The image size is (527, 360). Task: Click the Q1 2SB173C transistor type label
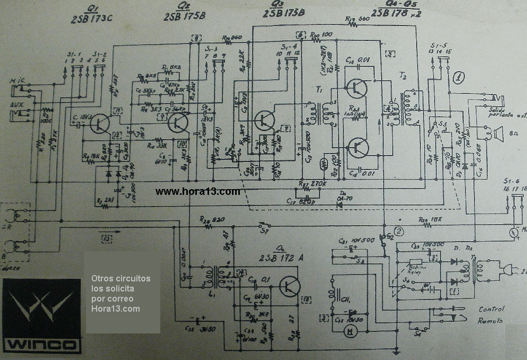click(92, 16)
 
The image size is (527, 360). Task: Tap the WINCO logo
click(42, 319)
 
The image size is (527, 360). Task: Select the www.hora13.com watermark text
click(197, 192)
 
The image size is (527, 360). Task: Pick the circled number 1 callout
click(459, 78)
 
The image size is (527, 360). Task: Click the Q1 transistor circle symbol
click(99, 124)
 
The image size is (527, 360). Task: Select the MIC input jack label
click(17, 81)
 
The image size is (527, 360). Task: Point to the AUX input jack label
click(16, 105)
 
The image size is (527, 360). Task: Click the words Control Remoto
click(491, 315)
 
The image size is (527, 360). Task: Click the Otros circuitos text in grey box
click(120, 278)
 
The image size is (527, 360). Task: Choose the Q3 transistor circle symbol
click(263, 121)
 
